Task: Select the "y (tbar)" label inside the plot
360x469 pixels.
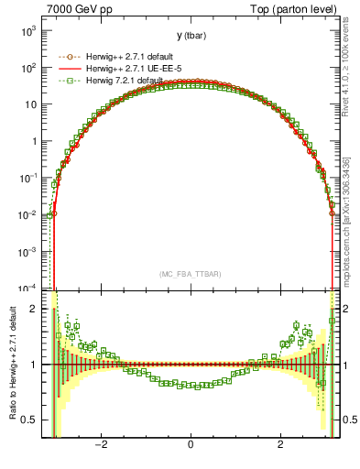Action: pyautogui.click(x=191, y=36)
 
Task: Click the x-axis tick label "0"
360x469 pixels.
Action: pyautogui.click(x=191, y=446)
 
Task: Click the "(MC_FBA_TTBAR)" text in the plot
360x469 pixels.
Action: pyautogui.click(x=191, y=273)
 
